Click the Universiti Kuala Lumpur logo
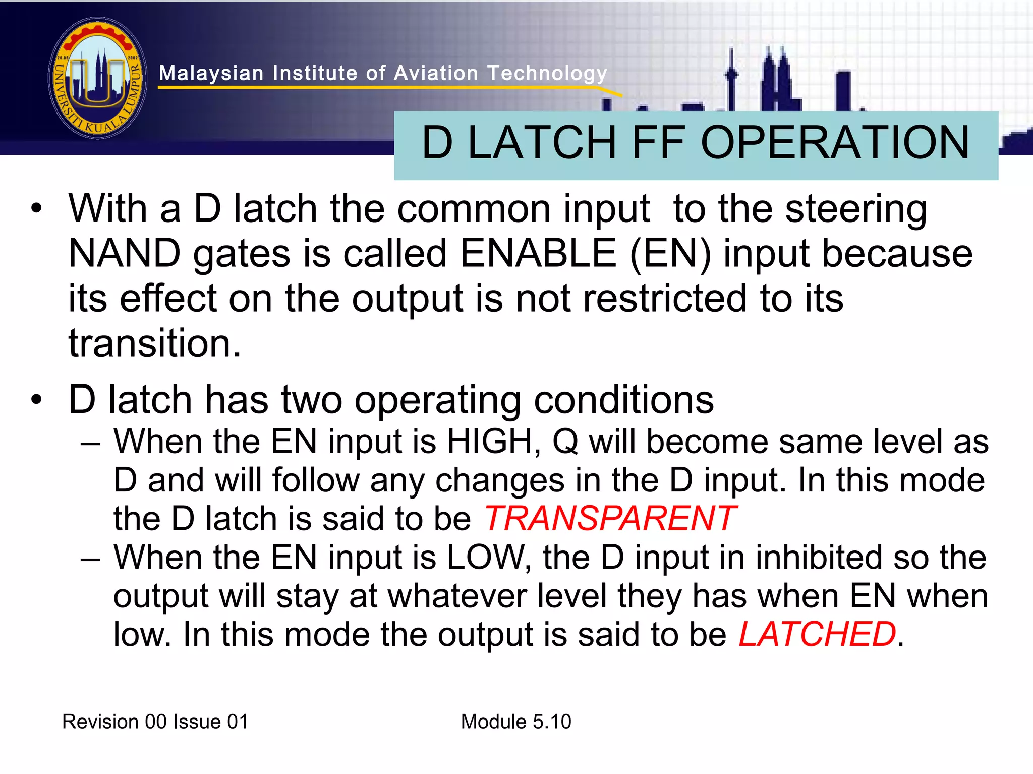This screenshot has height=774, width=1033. click(x=98, y=78)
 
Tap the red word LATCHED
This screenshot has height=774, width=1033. click(x=817, y=634)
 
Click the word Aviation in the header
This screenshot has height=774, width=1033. click(x=436, y=74)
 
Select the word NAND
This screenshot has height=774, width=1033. click(x=125, y=253)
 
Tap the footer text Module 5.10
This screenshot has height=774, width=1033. click(x=516, y=722)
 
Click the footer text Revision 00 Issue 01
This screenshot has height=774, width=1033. click(x=155, y=722)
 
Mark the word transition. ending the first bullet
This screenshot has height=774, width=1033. click(x=155, y=343)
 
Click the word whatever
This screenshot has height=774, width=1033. click(x=456, y=596)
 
